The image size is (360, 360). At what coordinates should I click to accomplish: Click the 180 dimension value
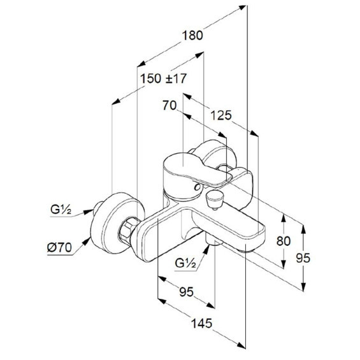pyautogui.click(x=192, y=36)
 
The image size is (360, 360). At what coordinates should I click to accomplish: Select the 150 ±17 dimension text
pyautogui.click(x=163, y=78)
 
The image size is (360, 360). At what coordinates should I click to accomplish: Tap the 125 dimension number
pyautogui.click(x=221, y=115)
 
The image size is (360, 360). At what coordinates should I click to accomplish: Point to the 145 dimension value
pyautogui.click(x=202, y=324)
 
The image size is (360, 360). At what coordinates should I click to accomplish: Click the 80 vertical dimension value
pyautogui.click(x=284, y=241)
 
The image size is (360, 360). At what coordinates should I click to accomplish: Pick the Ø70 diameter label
pyautogui.click(x=59, y=248)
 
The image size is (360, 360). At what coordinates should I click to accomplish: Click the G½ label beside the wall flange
pyautogui.click(x=61, y=210)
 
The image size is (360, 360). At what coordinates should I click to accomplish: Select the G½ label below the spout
pyautogui.click(x=185, y=263)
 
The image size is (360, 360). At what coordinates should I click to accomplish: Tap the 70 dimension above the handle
pyautogui.click(x=169, y=106)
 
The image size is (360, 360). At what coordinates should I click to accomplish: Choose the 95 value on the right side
pyautogui.click(x=303, y=258)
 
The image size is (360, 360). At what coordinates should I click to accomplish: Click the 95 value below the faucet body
pyautogui.click(x=187, y=292)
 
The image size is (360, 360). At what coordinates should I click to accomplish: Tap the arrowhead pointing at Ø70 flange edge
pyautogui.click(x=86, y=241)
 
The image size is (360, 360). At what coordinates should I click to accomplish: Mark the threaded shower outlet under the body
pyautogui.click(x=214, y=240)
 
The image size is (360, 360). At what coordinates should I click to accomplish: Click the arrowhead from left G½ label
pyautogui.click(x=89, y=212)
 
